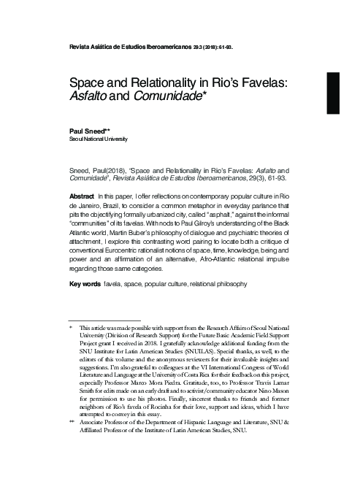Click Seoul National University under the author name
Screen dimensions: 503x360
[x=98, y=139]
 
